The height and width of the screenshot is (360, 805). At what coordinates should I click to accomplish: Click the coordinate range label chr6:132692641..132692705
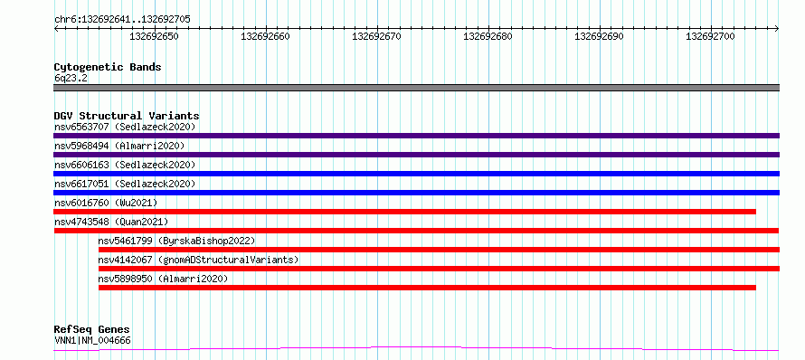(x=122, y=20)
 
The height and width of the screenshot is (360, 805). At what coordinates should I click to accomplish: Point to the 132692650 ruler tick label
(x=154, y=36)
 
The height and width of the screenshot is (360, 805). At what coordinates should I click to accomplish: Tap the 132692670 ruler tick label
(x=377, y=36)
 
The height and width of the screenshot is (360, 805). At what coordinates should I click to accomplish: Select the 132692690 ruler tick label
(x=599, y=36)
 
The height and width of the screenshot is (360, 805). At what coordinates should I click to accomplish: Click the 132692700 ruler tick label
(x=711, y=36)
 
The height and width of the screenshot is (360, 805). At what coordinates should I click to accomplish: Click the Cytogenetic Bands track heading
(x=108, y=67)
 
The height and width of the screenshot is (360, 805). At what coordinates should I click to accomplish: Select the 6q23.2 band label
(x=70, y=79)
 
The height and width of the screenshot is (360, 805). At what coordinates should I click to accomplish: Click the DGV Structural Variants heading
(x=127, y=116)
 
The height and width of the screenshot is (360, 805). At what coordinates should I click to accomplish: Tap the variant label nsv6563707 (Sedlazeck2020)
(x=125, y=127)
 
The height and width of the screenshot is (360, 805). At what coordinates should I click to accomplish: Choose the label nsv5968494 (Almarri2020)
(x=119, y=146)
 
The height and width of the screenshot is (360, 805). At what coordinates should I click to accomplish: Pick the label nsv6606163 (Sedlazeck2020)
(x=125, y=165)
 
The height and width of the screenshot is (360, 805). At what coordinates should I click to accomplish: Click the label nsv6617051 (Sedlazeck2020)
(x=125, y=184)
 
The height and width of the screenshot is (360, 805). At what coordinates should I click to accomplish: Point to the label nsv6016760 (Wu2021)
(x=106, y=203)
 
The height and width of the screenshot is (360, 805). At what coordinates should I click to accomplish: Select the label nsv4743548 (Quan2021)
(x=111, y=222)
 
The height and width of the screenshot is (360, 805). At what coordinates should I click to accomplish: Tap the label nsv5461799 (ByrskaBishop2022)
(x=176, y=241)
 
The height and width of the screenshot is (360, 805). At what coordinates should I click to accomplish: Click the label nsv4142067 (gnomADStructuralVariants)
(x=199, y=260)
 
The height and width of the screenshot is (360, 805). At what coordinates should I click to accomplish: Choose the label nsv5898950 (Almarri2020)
(x=163, y=279)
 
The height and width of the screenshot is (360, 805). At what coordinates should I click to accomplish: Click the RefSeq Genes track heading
(x=92, y=330)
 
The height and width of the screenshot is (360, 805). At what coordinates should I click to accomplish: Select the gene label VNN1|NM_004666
(x=92, y=340)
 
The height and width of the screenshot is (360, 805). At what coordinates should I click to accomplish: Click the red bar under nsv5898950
(x=427, y=288)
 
